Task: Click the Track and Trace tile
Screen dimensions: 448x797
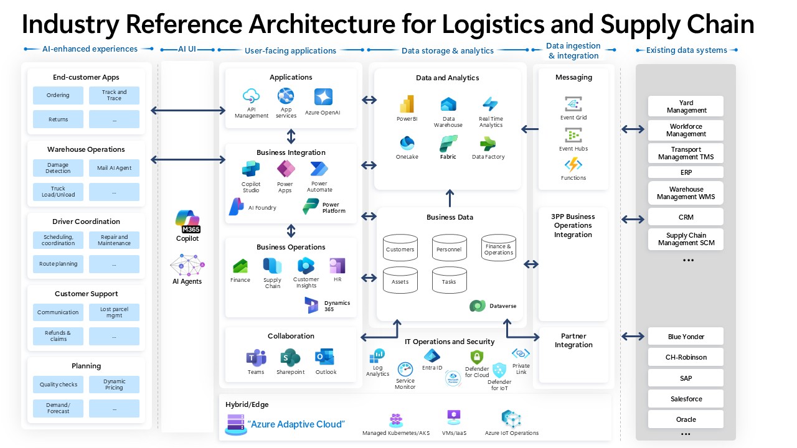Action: point(114,95)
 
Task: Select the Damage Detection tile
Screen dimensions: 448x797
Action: point(58,168)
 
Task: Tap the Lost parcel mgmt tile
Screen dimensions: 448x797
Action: point(114,312)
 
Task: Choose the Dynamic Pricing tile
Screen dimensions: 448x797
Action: point(114,385)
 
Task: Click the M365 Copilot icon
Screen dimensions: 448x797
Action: point(187,222)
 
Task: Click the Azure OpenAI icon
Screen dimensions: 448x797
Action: point(323,97)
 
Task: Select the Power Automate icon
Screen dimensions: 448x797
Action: point(319,169)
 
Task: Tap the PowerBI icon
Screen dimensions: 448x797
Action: point(407,105)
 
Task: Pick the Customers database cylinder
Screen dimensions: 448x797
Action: point(400,248)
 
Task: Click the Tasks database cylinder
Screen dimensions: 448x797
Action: point(449,280)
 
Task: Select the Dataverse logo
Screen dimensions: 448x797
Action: point(478,306)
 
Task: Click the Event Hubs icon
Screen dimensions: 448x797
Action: point(573,135)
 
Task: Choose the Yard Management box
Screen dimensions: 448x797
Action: point(686,106)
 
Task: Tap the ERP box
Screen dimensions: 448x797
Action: point(686,172)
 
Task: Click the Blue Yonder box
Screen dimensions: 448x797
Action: point(686,337)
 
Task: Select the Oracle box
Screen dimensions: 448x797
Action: point(686,419)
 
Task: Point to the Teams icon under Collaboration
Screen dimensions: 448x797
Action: point(256,358)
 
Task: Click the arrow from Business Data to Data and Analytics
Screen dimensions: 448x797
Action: point(450,198)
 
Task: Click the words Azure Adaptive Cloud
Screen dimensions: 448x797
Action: point(296,424)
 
